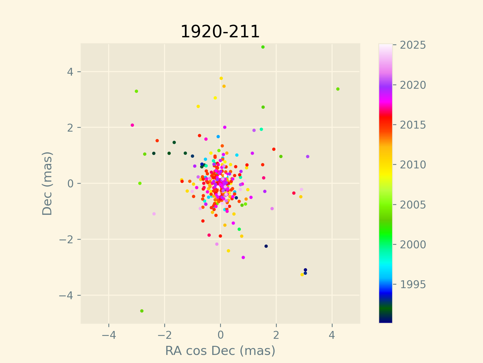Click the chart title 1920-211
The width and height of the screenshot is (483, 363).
(220, 32)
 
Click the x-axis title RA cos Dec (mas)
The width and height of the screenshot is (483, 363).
(220, 351)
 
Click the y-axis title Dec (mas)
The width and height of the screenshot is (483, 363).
(47, 183)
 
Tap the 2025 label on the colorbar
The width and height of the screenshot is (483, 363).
(413, 45)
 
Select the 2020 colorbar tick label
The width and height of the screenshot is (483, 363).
(413, 85)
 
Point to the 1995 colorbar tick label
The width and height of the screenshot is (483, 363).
(413, 285)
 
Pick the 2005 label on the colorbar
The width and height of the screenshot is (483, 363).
(413, 205)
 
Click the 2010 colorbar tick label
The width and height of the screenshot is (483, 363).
(413, 165)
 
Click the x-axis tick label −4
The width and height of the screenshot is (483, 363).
(109, 335)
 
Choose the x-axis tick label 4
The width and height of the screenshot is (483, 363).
(332, 335)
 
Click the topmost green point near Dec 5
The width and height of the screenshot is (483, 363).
(263, 47)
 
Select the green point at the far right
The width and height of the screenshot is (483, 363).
(338, 89)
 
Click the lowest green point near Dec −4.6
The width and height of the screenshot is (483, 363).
(142, 311)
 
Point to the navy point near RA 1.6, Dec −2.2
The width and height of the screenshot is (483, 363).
(266, 246)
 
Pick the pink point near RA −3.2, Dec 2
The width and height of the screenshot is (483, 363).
(132, 125)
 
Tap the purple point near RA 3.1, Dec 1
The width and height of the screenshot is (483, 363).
(308, 157)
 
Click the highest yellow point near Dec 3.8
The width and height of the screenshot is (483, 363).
(221, 78)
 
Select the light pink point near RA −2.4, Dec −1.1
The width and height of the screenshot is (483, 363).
(154, 214)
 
